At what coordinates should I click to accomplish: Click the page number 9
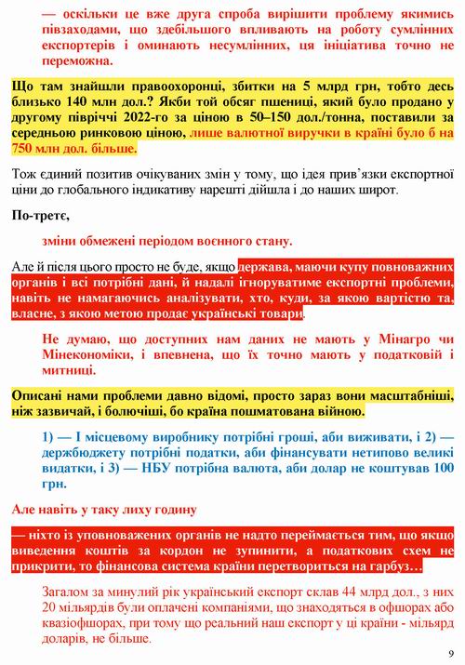pyautogui.click(x=450, y=652)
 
